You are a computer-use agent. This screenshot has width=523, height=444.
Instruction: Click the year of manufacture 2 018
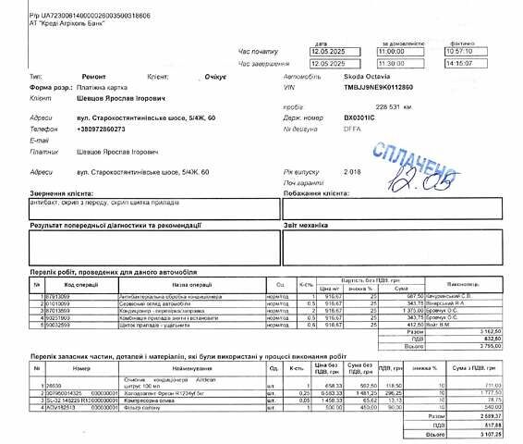pyautogui.click(x=353, y=171)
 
